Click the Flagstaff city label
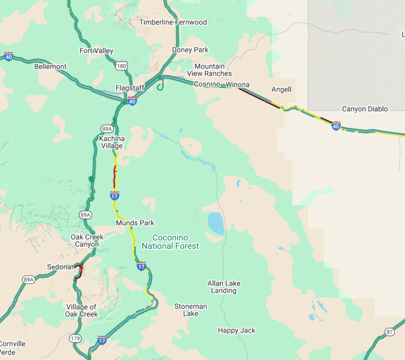129,88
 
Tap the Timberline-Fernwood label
173,22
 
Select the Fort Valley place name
96,51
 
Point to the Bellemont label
50,67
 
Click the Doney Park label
190,50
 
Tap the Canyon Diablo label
365,109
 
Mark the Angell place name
281,89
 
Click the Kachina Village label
112,142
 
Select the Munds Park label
135,223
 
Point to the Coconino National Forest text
170,242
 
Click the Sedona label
59,267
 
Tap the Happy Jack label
237,331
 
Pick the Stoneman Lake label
190,310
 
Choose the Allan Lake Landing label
223,287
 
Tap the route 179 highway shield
75,339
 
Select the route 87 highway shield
389,332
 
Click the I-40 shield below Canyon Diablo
336,126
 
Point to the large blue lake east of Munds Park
215,223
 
